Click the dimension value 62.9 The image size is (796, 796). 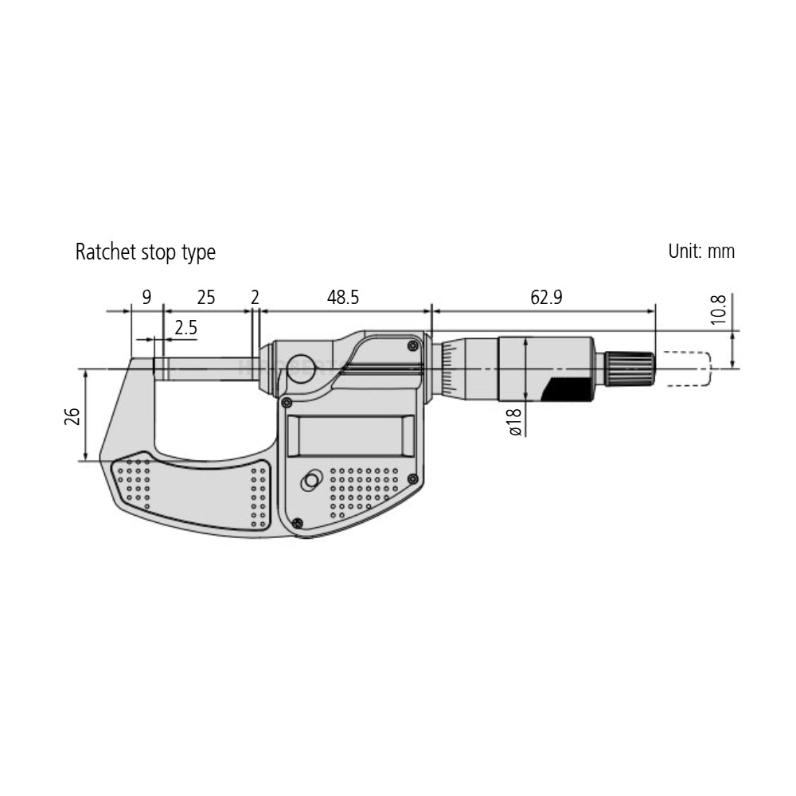[x=546, y=298]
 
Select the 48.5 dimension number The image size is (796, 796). [x=343, y=298]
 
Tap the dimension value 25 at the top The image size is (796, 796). [x=205, y=298]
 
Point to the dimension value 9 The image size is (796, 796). [x=146, y=298]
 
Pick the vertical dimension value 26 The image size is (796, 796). [x=72, y=415]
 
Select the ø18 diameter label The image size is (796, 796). [x=514, y=421]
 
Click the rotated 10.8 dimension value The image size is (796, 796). [x=718, y=310]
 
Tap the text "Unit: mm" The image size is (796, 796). [x=701, y=252]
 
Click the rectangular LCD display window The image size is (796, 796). [x=351, y=436]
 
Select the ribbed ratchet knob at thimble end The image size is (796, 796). [x=630, y=369]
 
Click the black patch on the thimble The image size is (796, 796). [x=567, y=389]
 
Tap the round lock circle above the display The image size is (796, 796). [x=302, y=368]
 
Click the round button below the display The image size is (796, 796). [x=310, y=481]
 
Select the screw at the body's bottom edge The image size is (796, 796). [x=297, y=523]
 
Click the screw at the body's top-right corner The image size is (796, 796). [x=412, y=345]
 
